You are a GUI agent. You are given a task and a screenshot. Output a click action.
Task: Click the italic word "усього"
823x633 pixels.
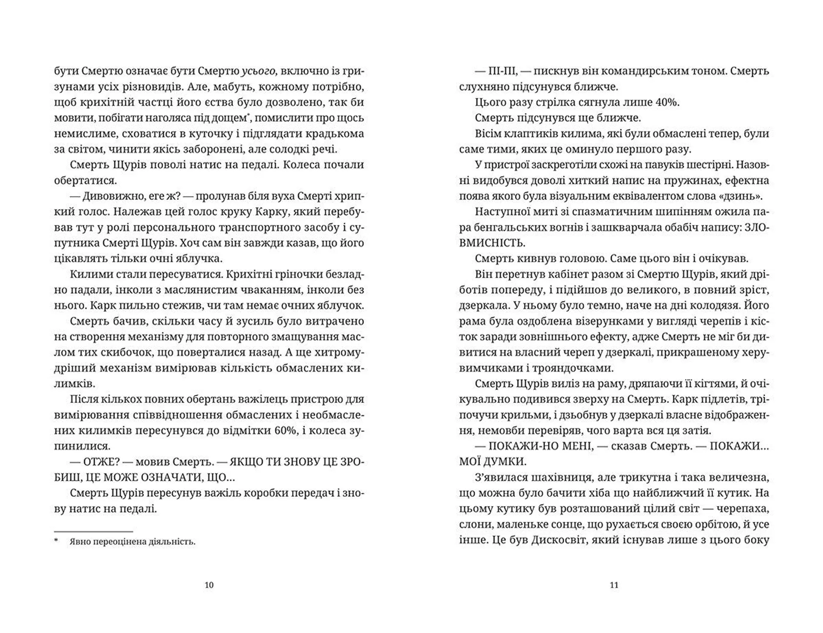click(x=258, y=71)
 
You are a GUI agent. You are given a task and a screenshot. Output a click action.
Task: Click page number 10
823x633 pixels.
click(x=209, y=585)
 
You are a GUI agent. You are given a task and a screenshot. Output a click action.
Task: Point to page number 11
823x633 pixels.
click(x=614, y=585)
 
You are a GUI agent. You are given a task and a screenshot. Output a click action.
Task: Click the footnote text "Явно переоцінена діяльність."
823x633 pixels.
click(x=132, y=542)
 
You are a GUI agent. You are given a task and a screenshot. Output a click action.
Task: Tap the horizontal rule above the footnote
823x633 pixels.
click(x=93, y=531)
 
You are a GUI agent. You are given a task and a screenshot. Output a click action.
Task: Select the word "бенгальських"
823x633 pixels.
click(x=491, y=228)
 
